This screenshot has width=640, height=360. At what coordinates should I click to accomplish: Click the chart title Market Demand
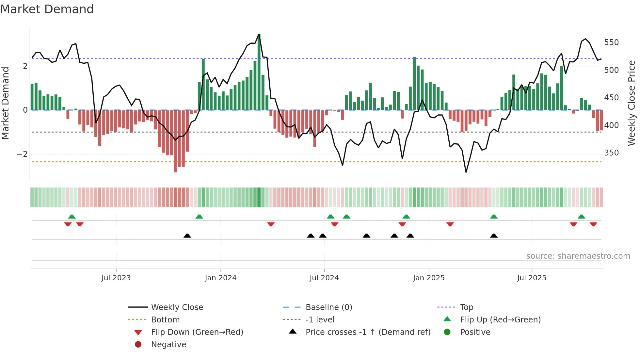[47, 9]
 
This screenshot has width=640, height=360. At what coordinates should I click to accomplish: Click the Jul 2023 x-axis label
[116, 278]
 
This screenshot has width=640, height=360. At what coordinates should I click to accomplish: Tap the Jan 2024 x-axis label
[221, 278]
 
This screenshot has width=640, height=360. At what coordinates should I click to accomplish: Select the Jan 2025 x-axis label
[429, 278]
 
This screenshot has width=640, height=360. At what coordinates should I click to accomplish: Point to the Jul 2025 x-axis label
[532, 278]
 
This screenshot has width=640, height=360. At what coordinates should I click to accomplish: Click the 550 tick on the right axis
[611, 42]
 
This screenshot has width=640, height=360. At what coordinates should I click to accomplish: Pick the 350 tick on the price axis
[611, 153]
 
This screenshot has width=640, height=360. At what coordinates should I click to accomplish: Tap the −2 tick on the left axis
[22, 154]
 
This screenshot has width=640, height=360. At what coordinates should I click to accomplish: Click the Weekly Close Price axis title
[632, 103]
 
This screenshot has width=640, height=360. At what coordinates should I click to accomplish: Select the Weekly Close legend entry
[177, 307]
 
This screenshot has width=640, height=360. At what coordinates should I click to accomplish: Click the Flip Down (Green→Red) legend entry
[197, 332]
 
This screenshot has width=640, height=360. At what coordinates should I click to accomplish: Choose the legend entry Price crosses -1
[368, 332]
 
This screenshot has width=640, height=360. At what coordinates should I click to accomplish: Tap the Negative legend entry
[168, 345]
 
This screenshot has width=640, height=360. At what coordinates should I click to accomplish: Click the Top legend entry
[466, 307]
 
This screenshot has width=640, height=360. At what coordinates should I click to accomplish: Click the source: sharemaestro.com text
[578, 256]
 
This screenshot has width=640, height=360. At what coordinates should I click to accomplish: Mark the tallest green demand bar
[259, 72]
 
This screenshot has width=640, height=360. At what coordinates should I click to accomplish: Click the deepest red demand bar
[175, 141]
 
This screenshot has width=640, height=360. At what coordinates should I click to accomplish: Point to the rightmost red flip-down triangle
[593, 224]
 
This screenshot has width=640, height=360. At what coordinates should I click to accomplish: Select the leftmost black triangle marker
[187, 236]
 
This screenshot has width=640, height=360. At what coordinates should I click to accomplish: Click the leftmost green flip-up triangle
[72, 216]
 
